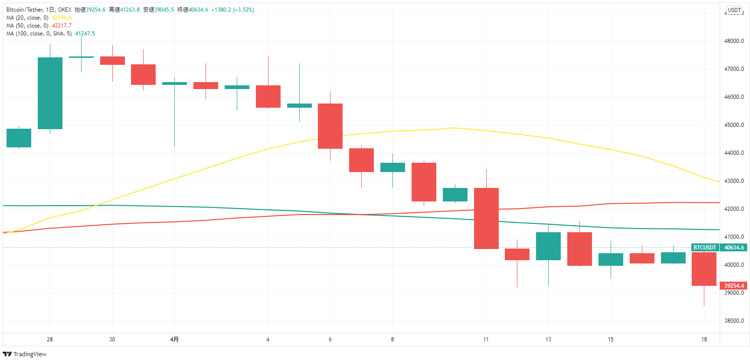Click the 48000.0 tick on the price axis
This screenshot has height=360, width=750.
coord(734,41)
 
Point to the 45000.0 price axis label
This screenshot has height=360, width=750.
coord(734,125)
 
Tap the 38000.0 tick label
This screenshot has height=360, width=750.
coord(734,321)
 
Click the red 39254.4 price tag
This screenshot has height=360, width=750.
coord(734,286)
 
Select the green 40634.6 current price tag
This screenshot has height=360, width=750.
coord(734,248)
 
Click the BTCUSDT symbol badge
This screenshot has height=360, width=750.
coord(704,248)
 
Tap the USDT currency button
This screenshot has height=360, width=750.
coord(734,10)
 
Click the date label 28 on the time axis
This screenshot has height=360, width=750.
coord(50,339)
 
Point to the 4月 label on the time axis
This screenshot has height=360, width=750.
coord(174,339)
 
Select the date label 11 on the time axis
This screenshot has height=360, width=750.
coord(486,339)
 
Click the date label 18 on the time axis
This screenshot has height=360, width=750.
coord(704,339)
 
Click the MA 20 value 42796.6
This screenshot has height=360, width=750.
coord(62,18)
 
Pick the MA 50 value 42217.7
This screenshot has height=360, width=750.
coord(62,26)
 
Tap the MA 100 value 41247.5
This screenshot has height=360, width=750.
coord(85,34)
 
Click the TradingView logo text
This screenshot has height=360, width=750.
coord(29,354)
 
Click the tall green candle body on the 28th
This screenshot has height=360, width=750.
coord(50,93)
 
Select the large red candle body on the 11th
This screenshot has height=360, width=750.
coord(486,218)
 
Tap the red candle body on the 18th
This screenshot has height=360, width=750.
coord(704,269)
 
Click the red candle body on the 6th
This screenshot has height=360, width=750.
coord(330,126)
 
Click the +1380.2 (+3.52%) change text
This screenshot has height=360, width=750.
coord(233,10)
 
